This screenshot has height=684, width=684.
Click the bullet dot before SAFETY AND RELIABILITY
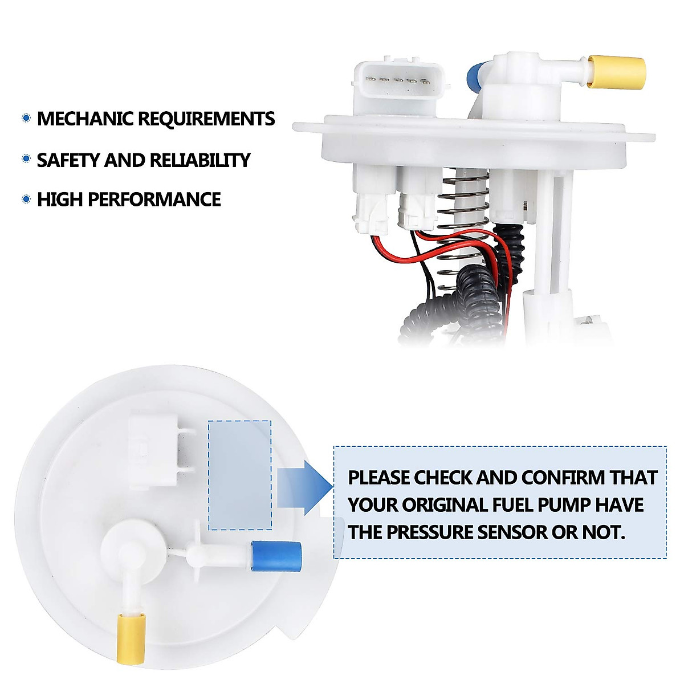coord(26,160)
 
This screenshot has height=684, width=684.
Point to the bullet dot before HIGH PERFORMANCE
coord(26,199)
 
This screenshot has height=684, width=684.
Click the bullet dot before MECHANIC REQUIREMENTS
coord(26,119)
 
